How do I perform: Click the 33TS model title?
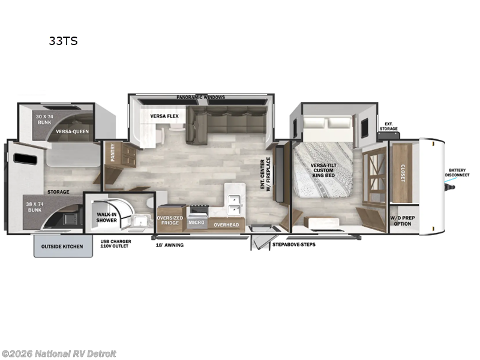point(63,41)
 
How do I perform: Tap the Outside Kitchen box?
point(62,247)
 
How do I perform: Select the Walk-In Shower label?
point(107,216)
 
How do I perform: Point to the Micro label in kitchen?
point(196,223)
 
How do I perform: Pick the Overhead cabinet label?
point(226,224)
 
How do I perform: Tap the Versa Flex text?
point(164,116)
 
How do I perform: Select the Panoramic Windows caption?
point(201,97)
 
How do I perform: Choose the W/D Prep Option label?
point(403,220)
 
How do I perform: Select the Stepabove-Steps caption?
point(293,244)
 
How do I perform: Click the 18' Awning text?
point(170,245)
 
